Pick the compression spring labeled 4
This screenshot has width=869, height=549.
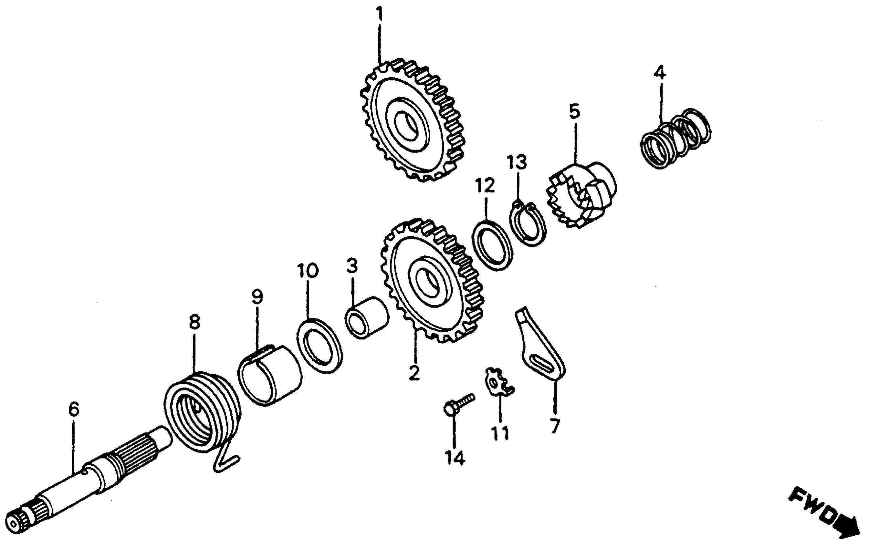pos(675,139)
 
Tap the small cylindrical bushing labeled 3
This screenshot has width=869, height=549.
pos(366,317)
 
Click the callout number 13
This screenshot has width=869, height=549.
pos(517,162)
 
